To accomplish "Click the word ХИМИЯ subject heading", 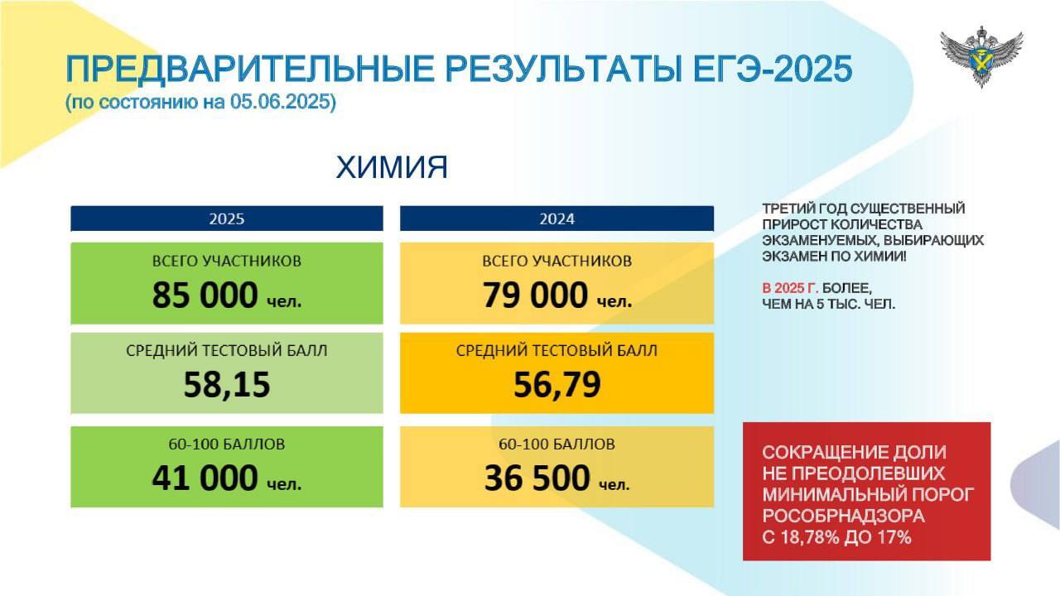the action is [x=392, y=167].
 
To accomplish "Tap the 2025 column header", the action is [x=227, y=219].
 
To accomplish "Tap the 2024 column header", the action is [x=556, y=219].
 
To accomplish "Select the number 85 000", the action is [x=205, y=295].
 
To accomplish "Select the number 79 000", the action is [x=535, y=295].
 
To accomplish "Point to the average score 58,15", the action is [x=227, y=384].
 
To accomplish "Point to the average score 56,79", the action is [x=557, y=384].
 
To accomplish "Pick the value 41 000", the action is [x=205, y=478].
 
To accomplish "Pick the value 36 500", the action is [x=537, y=478].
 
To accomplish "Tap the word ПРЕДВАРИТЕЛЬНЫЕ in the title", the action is [x=249, y=70].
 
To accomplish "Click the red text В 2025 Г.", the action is [x=790, y=288].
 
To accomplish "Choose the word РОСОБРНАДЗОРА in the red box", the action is [x=843, y=516].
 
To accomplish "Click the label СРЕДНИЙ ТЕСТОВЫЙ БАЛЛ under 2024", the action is [x=556, y=350].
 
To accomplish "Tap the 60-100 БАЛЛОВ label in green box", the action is [x=227, y=445].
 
